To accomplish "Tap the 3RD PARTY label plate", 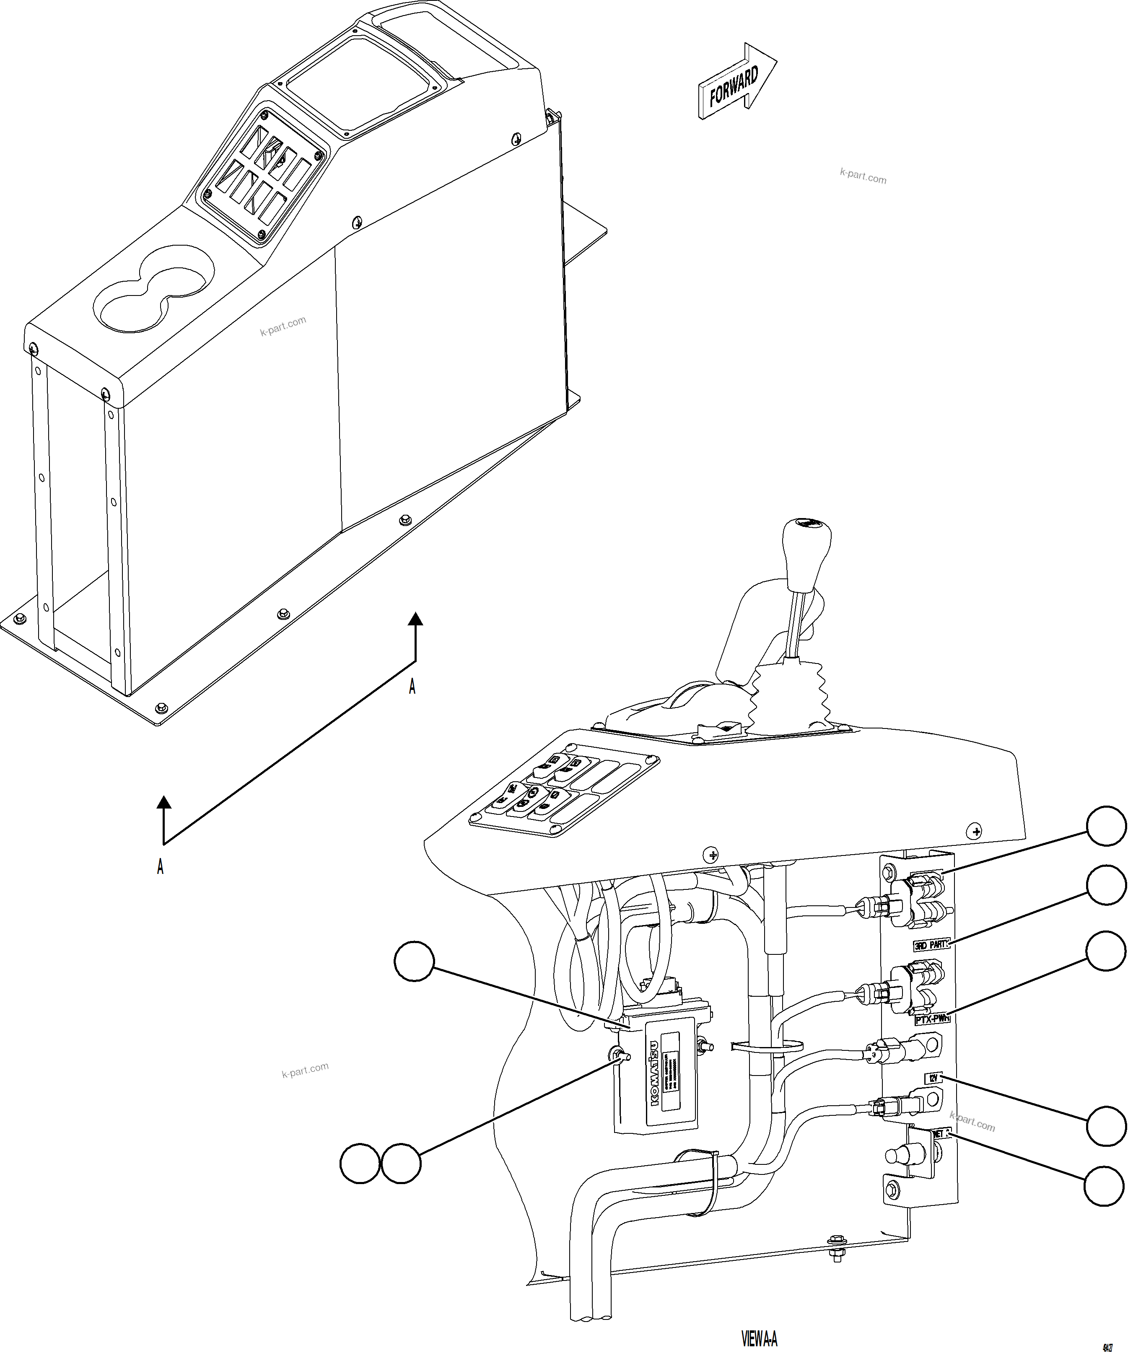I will click(x=931, y=945).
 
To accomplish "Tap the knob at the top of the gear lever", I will click(x=806, y=541).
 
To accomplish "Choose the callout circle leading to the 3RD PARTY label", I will click(x=1106, y=886).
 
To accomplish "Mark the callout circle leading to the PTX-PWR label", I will click(x=1106, y=950).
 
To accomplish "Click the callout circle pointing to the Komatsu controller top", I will click(x=414, y=961).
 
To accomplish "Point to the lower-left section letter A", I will click(x=161, y=866).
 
